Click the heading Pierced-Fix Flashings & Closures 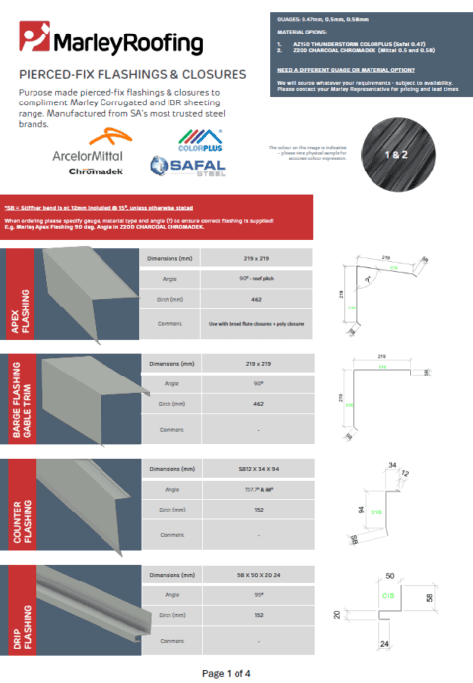(x=133, y=74)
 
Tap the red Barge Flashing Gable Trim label (x=21, y=398)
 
